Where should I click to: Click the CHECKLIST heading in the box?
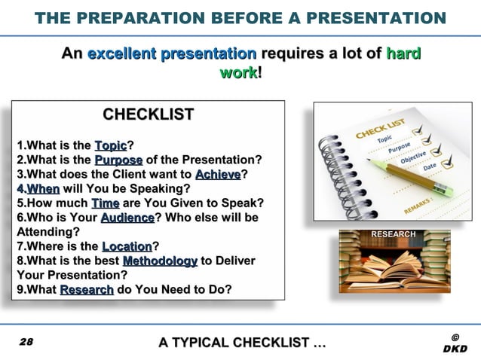tap(148, 115)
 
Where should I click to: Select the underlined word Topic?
tap(111, 145)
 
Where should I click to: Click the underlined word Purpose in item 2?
tap(118, 160)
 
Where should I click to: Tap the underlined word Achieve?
tap(217, 174)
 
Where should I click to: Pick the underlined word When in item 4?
tap(43, 188)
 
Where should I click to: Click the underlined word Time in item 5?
tap(105, 203)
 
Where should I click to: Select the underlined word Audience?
tap(127, 218)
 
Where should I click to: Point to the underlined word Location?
tap(127, 246)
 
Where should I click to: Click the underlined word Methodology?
tap(160, 261)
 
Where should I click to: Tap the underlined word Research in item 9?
tap(87, 289)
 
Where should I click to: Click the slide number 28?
tap(26, 342)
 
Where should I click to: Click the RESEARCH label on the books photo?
tap(392, 234)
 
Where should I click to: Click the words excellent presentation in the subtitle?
tap(172, 54)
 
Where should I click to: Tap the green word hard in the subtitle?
tap(403, 54)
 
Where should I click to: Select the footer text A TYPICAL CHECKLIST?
tap(242, 343)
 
